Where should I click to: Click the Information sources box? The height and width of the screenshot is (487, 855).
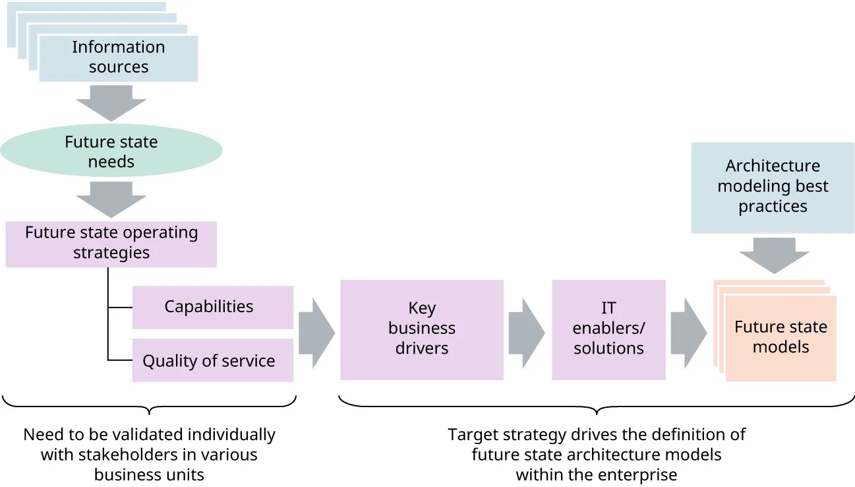[119, 57]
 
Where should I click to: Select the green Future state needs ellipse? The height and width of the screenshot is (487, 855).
[111, 152]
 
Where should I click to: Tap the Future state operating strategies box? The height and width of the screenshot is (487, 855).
[111, 243]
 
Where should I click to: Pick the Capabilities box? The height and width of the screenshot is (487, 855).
[212, 307]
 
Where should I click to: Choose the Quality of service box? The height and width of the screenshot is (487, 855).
[212, 361]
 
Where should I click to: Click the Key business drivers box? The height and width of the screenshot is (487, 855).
[421, 329]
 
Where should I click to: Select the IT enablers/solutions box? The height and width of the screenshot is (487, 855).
[608, 329]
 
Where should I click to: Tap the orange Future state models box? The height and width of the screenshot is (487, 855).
[780, 337]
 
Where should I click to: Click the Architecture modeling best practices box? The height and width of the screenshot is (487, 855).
[773, 187]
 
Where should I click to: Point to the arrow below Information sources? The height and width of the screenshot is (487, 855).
[111, 103]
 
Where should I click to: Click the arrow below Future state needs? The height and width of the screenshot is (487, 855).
[111, 199]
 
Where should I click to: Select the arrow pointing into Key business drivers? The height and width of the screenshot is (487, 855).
[316, 333]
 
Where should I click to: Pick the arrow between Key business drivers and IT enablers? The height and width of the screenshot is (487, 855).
[527, 333]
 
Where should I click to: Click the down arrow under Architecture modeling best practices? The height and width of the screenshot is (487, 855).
[774, 254]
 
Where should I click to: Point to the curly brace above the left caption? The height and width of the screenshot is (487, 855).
[150, 405]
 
